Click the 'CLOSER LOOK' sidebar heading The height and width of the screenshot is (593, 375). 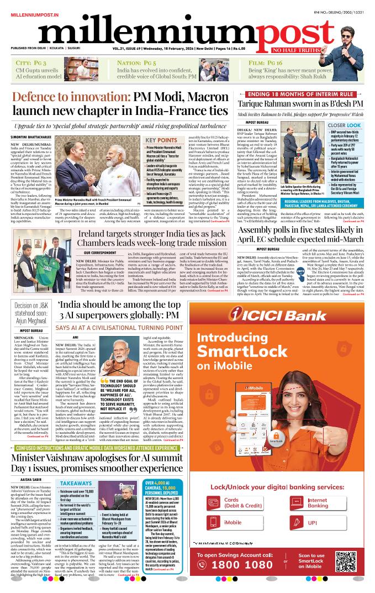point(346,125)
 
